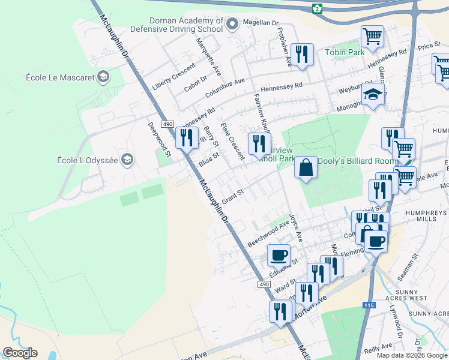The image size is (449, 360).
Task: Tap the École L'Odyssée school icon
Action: [127, 160]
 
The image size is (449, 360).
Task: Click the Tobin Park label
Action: [345, 52]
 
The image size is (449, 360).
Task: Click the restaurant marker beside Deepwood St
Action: [187, 137]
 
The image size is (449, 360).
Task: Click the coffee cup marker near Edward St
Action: [279, 254]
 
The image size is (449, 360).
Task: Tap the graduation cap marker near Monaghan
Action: [373, 95]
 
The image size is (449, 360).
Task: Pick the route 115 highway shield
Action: [369, 305]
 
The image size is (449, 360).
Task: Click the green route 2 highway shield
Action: [317, 8]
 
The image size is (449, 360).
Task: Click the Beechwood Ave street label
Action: [268, 234]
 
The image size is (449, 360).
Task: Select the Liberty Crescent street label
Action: [174, 77]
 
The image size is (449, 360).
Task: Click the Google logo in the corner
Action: [20, 353]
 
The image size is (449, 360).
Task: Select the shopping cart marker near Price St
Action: [372, 36]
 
